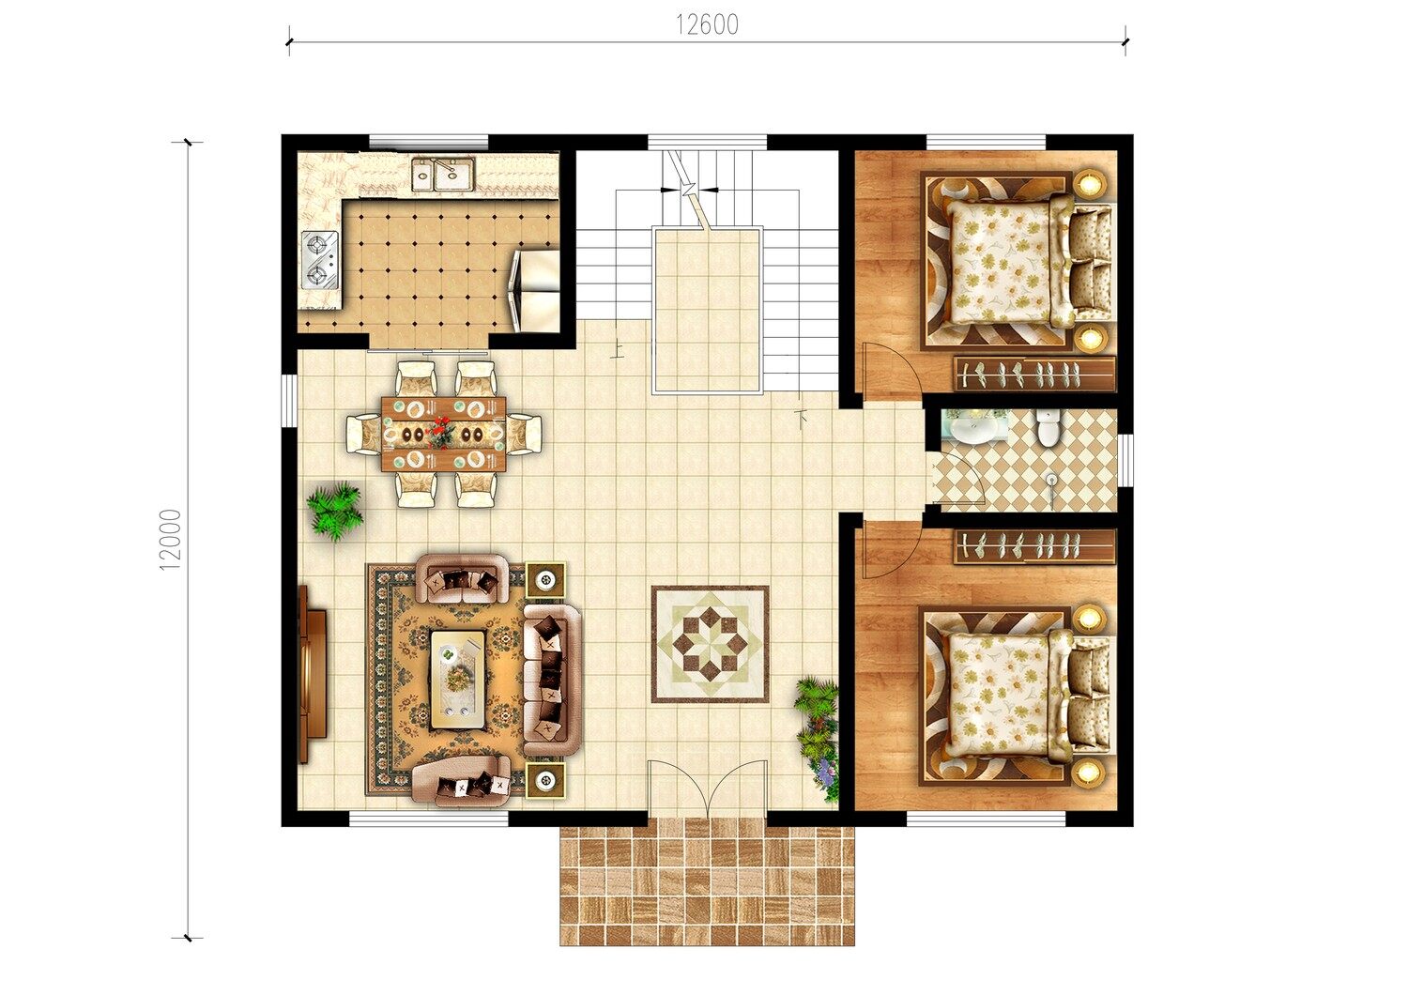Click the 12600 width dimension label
click(707, 24)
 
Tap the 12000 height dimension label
click(170, 540)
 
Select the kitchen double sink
click(444, 174)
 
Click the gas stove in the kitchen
click(320, 260)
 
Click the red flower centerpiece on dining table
click(442, 433)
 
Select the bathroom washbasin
click(970, 427)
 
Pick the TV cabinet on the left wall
click(313, 674)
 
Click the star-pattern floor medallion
click(711, 644)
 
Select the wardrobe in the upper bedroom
click(1034, 374)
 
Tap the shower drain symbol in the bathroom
click(1051, 481)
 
